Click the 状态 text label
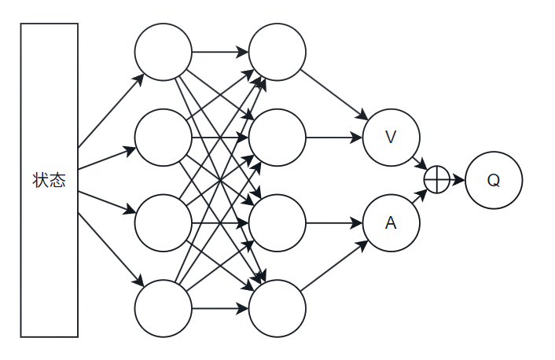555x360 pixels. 49,180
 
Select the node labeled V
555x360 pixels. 391,138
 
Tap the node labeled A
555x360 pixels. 391,223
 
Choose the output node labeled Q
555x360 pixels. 493,180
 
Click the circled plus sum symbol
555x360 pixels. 436,180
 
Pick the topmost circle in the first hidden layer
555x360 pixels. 163,53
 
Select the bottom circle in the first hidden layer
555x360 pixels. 163,308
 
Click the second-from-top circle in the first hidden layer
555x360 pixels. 163,138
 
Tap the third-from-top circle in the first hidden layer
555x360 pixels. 163,223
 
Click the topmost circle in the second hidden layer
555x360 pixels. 277,53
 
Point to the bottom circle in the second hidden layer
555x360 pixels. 277,308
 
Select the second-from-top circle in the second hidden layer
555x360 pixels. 277,138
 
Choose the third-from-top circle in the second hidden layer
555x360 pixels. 277,223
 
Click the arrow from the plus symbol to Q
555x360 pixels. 457,180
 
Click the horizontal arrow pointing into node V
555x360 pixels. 334,138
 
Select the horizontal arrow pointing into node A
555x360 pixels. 334,223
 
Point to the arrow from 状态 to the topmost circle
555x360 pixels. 110,111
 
